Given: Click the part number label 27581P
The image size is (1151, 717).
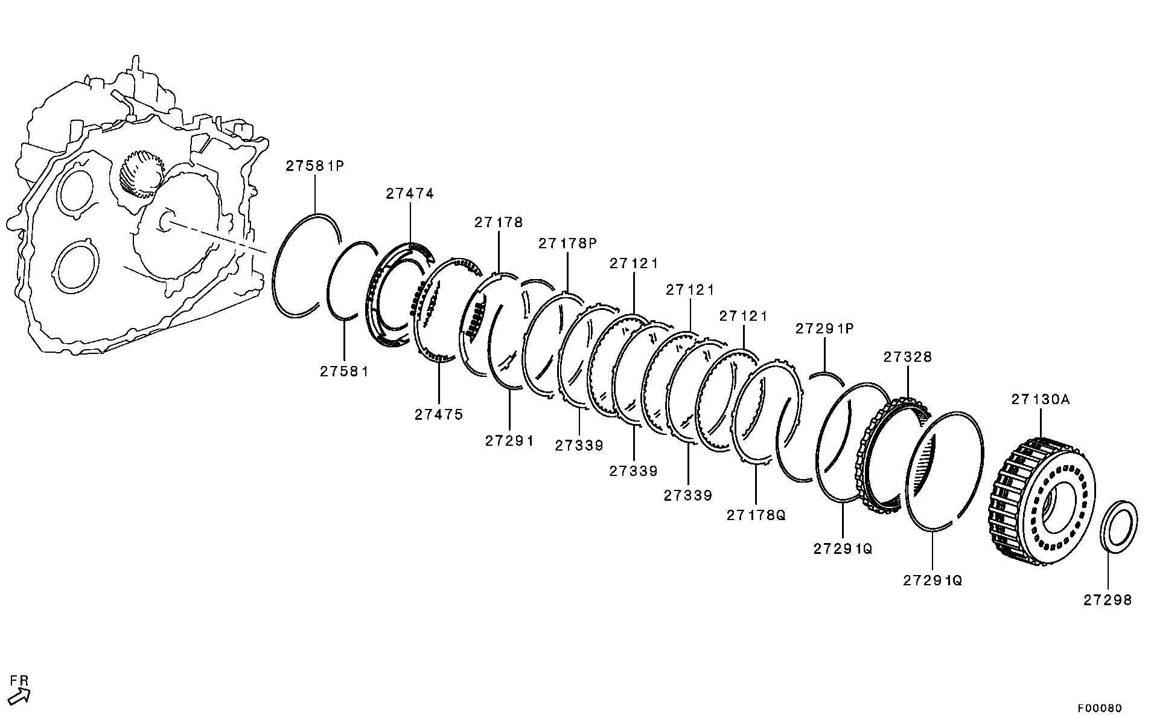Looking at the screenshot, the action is point(314,166).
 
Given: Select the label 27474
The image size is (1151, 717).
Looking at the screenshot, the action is point(410,194).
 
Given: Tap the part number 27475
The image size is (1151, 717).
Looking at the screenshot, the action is point(439,414).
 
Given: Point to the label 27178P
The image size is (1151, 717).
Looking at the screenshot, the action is point(567,243).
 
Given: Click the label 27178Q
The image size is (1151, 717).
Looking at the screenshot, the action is point(756,515).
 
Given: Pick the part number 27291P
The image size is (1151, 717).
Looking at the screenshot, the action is point(824,329).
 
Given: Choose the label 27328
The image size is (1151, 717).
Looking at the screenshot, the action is point(908,357).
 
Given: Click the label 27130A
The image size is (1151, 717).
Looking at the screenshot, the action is point(1041,399).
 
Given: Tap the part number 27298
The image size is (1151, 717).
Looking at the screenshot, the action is point(1108,600).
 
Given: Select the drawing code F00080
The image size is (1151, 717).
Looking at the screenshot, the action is point(1100,708).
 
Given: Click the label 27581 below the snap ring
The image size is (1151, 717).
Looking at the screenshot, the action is point(344,371).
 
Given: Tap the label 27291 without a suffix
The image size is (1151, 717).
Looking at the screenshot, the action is point(509,441).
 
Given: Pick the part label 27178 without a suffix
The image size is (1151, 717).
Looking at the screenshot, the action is point(499,222).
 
